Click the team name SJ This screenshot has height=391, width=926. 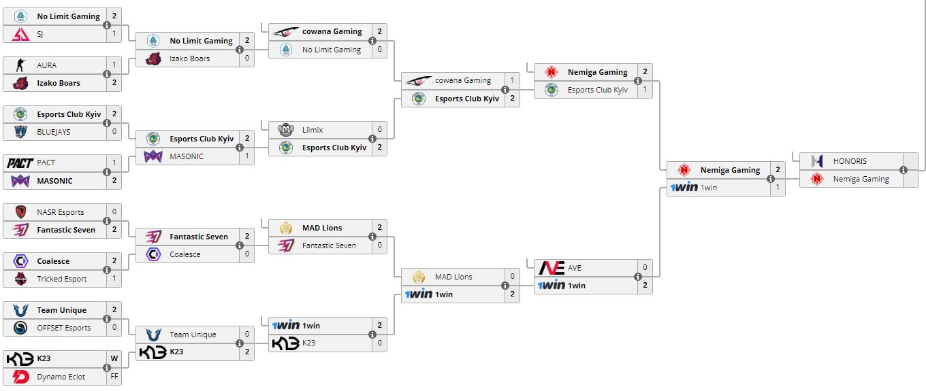[x=40, y=34]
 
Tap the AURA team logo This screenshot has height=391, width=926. [x=20, y=65]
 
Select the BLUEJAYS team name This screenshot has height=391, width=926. [x=54, y=132]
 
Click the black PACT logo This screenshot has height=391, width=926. [x=20, y=163]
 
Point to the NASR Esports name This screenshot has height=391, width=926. [x=61, y=212]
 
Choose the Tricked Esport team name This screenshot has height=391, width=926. [x=62, y=279]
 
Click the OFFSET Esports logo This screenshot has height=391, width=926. [x=20, y=328]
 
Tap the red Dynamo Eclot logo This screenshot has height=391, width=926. [x=20, y=377]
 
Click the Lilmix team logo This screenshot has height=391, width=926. [x=285, y=129]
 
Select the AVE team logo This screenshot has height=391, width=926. [x=551, y=268]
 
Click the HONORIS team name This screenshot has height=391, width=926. [x=850, y=162]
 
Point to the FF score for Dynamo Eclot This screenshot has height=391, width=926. [x=114, y=377]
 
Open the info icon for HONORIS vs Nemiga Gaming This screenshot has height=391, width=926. [x=904, y=171]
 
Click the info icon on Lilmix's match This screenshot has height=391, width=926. [x=372, y=139]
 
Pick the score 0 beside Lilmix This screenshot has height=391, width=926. [x=379, y=129]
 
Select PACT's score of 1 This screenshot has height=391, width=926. [x=114, y=163]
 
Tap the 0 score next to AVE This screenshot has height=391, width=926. [x=645, y=268]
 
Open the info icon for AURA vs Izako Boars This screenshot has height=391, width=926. [x=107, y=74]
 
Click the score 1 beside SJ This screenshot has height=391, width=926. [x=114, y=34]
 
